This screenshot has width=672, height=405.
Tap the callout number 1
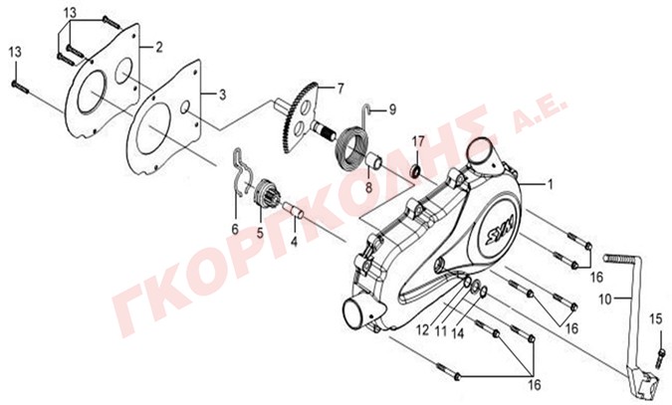[550, 185]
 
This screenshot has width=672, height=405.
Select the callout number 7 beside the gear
[340, 89]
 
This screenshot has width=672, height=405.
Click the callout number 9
[392, 109]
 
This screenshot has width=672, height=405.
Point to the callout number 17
[418, 140]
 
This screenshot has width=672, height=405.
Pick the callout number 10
[604, 300]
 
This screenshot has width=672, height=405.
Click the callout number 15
[656, 319]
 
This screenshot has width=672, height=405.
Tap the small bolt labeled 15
[660, 358]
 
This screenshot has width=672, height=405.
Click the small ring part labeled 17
[416, 171]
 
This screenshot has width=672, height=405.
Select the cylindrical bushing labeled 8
[373, 161]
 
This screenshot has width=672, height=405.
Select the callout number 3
[222, 95]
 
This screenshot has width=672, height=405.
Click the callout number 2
[159, 47]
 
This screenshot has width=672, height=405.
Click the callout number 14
[458, 333]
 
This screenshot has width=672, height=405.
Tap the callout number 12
[422, 330]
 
